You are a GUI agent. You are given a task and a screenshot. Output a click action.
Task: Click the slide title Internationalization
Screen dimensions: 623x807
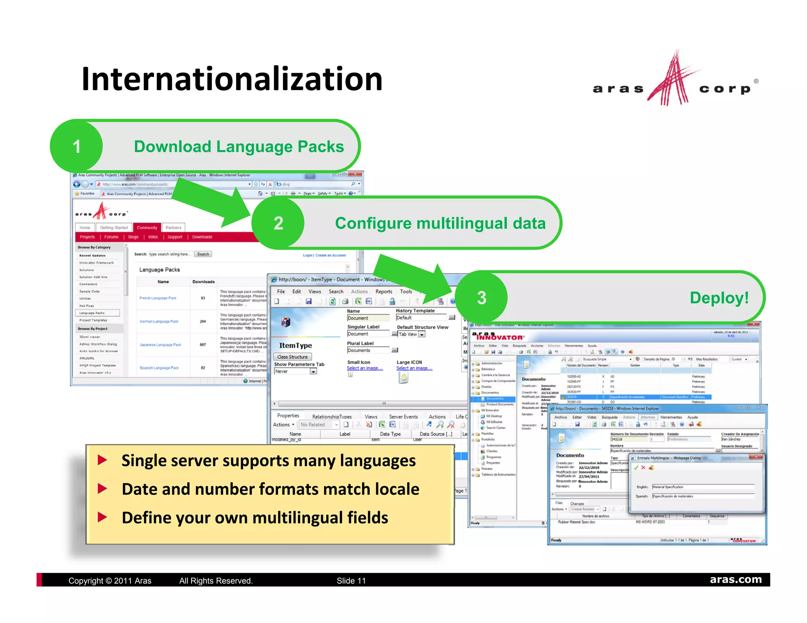coord(232,79)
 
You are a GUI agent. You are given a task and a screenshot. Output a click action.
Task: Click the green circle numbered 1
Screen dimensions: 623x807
coord(77,146)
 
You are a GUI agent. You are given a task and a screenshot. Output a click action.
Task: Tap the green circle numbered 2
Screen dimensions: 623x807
coord(278,223)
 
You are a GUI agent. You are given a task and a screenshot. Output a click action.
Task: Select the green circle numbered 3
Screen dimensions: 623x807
coord(482,298)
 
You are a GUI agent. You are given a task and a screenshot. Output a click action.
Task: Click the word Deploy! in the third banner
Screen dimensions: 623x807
coord(719,298)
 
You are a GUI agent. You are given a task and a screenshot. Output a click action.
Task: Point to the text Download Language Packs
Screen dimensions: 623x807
coord(239,146)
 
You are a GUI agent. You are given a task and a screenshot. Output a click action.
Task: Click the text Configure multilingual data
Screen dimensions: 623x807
coord(440,223)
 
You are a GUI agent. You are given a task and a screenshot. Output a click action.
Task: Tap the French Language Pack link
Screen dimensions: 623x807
coord(158,298)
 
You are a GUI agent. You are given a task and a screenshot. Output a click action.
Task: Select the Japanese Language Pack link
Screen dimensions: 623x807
coord(160,345)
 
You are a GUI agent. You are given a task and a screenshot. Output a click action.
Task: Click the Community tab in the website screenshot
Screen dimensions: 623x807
coord(147,228)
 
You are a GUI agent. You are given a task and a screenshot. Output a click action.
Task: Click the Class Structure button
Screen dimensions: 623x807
coord(292,357)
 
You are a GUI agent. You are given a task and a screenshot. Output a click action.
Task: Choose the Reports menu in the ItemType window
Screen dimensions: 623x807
coord(383,291)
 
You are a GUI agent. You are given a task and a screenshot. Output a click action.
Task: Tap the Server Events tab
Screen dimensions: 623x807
coord(403,417)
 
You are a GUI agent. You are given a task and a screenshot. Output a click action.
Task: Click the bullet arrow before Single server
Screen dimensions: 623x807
coord(102,460)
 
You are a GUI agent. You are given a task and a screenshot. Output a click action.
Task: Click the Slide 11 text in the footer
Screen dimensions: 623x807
coord(351,580)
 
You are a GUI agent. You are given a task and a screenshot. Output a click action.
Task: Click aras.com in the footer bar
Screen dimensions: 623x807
coord(736,579)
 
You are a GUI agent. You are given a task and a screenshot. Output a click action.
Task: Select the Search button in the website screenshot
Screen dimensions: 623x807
coord(203,254)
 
